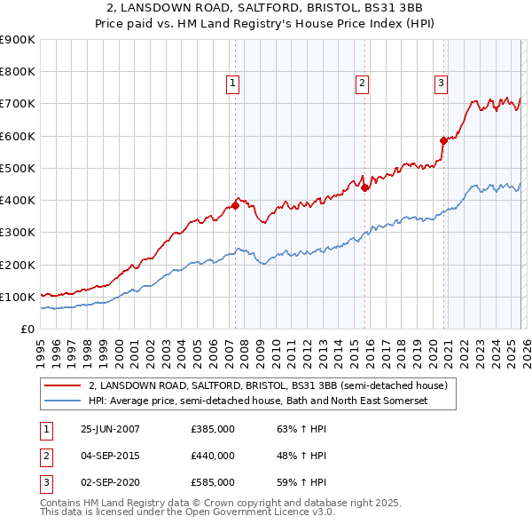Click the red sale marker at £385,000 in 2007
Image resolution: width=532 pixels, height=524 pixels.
point(235,205)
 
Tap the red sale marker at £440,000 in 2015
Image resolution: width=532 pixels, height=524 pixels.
point(364,187)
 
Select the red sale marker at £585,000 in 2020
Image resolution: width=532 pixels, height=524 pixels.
point(443,140)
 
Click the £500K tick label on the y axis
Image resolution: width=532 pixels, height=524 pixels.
point(18,168)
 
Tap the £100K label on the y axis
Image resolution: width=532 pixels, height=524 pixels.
point(18,297)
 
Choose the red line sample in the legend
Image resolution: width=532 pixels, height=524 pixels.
point(63,386)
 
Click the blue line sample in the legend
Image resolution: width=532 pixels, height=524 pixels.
point(63,401)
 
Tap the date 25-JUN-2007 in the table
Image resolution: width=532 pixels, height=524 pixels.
point(110,429)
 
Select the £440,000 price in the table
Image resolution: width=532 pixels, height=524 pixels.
point(213,456)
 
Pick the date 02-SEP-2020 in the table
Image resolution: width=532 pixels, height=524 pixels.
point(110,482)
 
